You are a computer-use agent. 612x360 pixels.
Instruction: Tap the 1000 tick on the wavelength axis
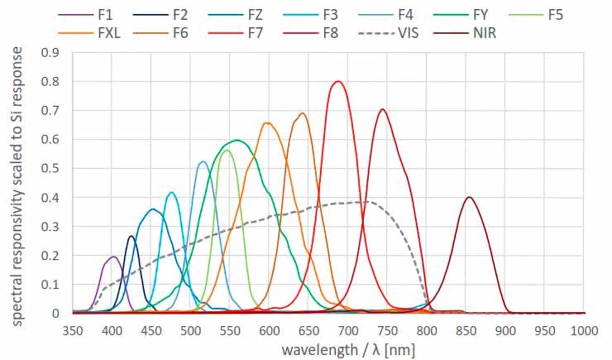(x=584, y=330)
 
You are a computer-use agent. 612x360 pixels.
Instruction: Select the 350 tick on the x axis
(x=73, y=330)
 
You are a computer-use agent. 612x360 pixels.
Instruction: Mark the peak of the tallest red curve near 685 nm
(x=337, y=81)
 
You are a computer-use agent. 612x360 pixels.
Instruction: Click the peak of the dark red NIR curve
(x=469, y=197)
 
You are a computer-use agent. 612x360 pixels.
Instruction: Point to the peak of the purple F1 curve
(x=112, y=257)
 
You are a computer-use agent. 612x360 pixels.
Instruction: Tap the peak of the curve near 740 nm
(x=381, y=109)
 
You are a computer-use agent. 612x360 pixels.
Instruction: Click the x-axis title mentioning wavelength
(x=348, y=348)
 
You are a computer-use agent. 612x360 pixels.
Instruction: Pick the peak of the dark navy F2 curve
(x=131, y=236)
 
